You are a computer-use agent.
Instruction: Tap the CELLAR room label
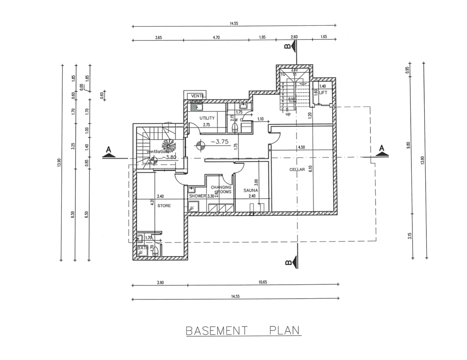[x=297, y=169]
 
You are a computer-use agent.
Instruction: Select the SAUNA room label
[x=251, y=191]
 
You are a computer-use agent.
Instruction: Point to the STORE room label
[x=164, y=206]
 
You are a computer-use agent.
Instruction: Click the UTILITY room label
[x=207, y=118]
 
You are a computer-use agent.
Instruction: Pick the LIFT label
[x=323, y=93]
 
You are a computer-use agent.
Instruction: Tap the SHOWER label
[x=198, y=196]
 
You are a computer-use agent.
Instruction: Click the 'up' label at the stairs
[x=288, y=114]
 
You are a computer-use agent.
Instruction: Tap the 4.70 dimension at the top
[x=216, y=37]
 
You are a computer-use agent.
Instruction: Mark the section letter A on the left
[x=108, y=149]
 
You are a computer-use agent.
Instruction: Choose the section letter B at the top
[x=288, y=46]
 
